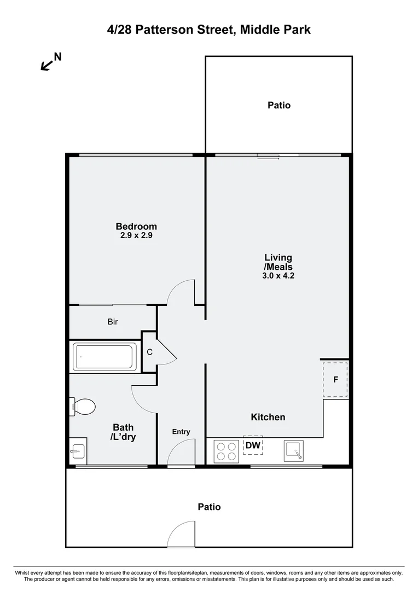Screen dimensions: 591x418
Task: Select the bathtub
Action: pyautogui.click(x=104, y=357)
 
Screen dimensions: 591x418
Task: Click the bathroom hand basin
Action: pyautogui.click(x=77, y=452)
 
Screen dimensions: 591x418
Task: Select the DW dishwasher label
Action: pyautogui.click(x=253, y=445)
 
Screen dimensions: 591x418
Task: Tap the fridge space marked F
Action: pyautogui.click(x=335, y=379)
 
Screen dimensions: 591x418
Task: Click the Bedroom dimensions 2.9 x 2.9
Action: pyautogui.click(x=136, y=236)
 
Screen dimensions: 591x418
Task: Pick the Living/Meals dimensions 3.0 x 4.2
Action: pyautogui.click(x=278, y=276)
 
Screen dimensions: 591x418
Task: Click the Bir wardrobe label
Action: pyautogui.click(x=113, y=322)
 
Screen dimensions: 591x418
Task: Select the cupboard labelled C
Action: pyautogui.click(x=149, y=352)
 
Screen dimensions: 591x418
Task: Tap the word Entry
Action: pyautogui.click(x=181, y=432)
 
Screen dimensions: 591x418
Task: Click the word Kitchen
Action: pyautogui.click(x=268, y=417)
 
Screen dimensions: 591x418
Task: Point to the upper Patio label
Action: pyautogui.click(x=279, y=105)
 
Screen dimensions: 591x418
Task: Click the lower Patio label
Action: pyautogui.click(x=209, y=507)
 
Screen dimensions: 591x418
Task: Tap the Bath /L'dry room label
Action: pyautogui.click(x=124, y=432)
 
